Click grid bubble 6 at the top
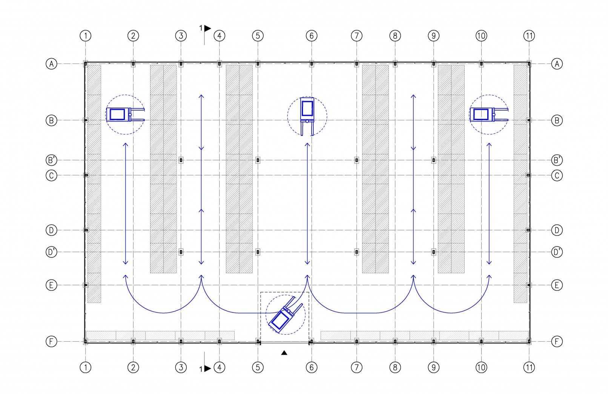pos(311,35)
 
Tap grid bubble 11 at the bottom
pos(529,367)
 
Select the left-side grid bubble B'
pos(51,160)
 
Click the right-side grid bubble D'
pos(557,252)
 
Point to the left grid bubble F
pos(51,341)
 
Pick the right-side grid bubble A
pos(557,64)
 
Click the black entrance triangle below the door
pos(284,352)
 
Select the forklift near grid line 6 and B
pos(307,116)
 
